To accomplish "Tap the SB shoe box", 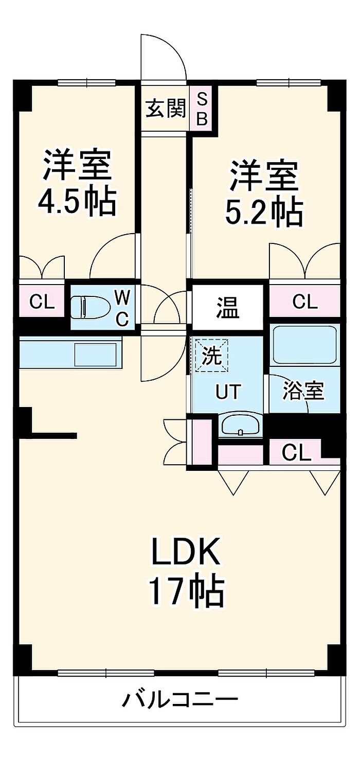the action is tap(202, 109).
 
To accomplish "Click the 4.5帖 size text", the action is tap(77, 203).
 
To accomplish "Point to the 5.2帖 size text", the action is tap(264, 213).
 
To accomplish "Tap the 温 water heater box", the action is tap(228, 307).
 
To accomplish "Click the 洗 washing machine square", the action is tap(212, 356).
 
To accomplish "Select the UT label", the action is tap(228, 392).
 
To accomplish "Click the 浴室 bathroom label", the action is tap(303, 391).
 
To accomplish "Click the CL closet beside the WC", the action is tap(42, 302).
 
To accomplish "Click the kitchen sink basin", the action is tap(96, 355).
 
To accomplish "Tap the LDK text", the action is tap(186, 552).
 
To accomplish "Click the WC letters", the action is tap(122, 309).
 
